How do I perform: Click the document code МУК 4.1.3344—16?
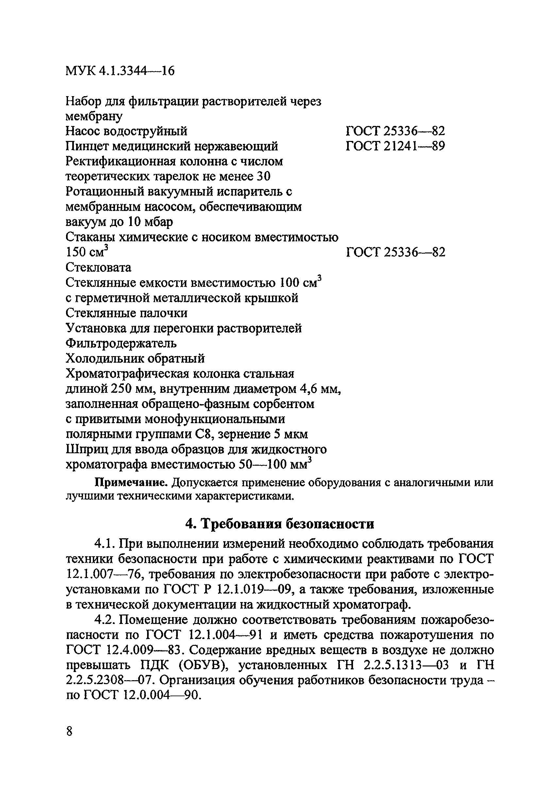[x=120, y=71]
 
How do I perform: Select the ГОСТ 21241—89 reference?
[x=395, y=146]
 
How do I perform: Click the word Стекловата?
[x=98, y=267]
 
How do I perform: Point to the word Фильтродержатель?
[x=121, y=343]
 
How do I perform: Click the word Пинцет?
[x=87, y=146]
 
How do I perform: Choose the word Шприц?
[x=86, y=449]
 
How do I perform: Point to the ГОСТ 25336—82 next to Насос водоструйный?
[x=395, y=131]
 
